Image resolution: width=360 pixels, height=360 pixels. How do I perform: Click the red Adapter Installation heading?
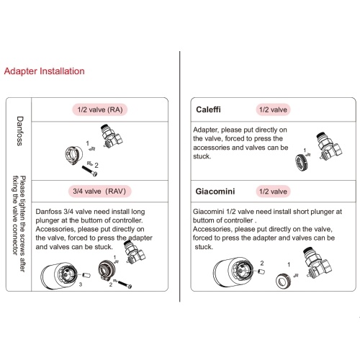45,71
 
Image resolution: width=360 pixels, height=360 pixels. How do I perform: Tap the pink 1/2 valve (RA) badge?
100,109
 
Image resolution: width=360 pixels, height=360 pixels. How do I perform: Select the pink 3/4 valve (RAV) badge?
99,192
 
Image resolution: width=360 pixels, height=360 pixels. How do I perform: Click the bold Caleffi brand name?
208,109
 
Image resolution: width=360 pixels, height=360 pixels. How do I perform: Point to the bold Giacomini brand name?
215,192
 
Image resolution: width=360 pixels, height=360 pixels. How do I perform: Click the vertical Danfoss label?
20,131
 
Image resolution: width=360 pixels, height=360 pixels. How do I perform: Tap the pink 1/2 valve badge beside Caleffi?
273,109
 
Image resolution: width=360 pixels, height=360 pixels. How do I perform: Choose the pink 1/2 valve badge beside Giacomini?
273,192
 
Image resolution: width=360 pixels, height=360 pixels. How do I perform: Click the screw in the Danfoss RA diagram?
89,171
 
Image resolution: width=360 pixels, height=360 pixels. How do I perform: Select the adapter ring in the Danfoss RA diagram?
74,156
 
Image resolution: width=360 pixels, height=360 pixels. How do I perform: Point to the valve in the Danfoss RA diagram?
112,136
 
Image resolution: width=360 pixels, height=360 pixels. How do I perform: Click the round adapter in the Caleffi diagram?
302,162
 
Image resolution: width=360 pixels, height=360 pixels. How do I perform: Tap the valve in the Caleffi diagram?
329,146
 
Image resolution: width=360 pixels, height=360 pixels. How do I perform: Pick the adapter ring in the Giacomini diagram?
283,281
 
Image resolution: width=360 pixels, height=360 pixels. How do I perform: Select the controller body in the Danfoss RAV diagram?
59,276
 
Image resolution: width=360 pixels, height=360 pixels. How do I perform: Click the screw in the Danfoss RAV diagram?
125,284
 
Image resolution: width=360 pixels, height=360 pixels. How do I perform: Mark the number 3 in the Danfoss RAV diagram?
81,284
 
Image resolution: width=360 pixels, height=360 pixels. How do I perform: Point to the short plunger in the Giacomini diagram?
261,271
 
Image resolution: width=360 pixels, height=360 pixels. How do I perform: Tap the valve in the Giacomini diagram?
318,263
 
